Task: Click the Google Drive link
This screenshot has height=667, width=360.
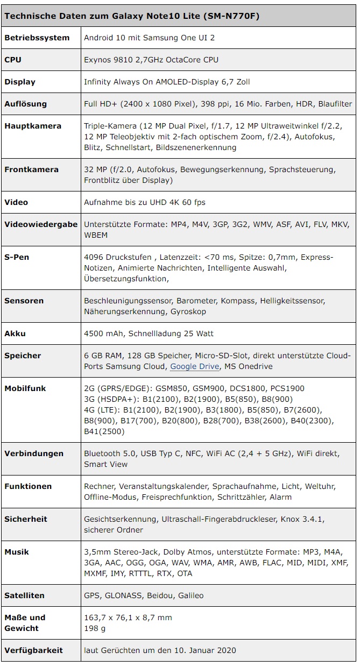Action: (x=194, y=367)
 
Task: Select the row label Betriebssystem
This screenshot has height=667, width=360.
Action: (x=37, y=38)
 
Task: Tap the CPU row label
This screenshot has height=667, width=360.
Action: (x=13, y=60)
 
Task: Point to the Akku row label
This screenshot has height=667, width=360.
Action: (x=15, y=334)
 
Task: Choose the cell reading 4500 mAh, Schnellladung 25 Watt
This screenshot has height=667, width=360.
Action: (x=149, y=334)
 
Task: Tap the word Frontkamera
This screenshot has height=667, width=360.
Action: (x=31, y=170)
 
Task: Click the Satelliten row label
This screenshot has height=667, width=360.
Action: (x=25, y=596)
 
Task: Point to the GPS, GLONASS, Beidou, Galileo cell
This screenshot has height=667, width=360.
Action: (x=144, y=596)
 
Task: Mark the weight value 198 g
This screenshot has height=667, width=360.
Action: (x=95, y=628)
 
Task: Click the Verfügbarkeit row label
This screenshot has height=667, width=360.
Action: (x=34, y=650)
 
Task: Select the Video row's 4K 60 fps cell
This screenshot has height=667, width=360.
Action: (x=145, y=203)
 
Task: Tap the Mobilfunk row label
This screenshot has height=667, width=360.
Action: (x=25, y=388)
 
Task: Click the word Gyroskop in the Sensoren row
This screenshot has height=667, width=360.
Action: (x=188, y=312)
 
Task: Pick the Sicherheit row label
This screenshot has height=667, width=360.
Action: (x=26, y=520)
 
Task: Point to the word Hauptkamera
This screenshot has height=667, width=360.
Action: (x=33, y=126)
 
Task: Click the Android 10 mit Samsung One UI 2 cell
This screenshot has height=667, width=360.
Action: (x=150, y=38)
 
